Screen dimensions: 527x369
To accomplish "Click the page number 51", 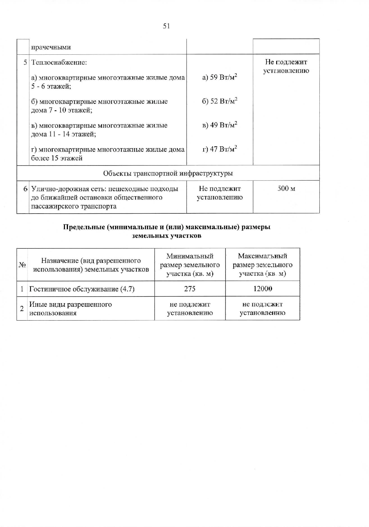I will (166, 26).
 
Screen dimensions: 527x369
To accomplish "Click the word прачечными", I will (51, 47).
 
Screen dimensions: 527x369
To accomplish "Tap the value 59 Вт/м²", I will (220, 77).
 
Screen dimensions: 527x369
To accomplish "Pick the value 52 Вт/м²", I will (220, 101).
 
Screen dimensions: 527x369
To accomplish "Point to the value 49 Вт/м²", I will (220, 125).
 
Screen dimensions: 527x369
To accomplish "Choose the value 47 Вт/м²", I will (220, 149).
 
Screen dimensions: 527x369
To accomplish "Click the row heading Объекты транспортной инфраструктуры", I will (168, 173).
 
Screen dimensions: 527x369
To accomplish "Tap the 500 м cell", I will (286, 188).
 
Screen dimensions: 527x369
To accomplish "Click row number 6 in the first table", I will (26, 189).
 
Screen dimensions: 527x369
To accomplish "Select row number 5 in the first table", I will (26, 62).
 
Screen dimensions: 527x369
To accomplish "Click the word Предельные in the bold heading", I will (84, 227).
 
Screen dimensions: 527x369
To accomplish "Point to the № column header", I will (22, 265).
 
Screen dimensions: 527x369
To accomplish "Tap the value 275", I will (190, 289).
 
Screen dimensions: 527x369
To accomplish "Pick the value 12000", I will (263, 289).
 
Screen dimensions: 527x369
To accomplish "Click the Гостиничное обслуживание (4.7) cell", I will (82, 289).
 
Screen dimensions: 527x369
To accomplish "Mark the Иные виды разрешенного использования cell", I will (70, 309).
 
